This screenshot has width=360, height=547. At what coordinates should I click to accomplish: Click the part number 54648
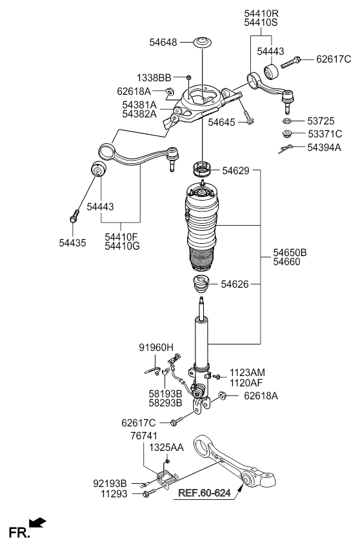163,42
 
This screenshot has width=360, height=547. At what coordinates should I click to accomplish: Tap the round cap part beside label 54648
203,43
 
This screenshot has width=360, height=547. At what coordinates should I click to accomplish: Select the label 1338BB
154,77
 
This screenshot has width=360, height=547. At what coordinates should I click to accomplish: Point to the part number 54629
236,170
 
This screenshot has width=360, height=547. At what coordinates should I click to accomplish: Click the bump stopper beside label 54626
201,285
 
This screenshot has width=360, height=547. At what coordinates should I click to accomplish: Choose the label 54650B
290,252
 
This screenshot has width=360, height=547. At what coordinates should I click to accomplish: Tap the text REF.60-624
205,493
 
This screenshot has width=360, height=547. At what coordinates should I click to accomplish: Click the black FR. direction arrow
37,522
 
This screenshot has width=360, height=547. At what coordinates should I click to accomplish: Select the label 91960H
156,347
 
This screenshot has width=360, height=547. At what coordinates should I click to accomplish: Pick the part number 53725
321,121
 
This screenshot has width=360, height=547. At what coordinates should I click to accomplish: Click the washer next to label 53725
286,121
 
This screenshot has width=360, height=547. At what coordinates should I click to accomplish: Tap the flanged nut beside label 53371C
287,134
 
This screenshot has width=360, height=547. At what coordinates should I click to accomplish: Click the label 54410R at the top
261,14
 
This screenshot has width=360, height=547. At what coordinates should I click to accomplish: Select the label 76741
144,435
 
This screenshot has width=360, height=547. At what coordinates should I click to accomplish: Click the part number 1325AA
166,447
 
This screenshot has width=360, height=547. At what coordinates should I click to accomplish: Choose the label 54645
222,123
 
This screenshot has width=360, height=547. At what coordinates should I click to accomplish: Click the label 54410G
122,246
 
